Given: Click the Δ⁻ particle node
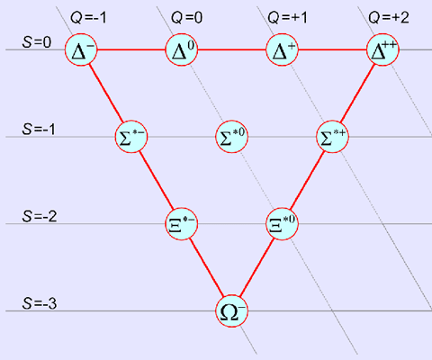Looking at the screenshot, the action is tap(81, 49).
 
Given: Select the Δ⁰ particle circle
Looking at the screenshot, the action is tap(182, 49).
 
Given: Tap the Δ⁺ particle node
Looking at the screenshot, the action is tap(282, 49).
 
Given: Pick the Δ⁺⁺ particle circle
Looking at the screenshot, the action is tap(382, 49).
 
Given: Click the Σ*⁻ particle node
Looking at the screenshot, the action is tap(131, 137).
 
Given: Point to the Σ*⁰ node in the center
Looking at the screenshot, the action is tap(232, 137).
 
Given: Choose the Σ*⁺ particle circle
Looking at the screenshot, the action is tap(332, 137).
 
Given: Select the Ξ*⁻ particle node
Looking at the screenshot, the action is tap(182, 223).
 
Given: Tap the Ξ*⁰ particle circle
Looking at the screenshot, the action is tap(282, 223).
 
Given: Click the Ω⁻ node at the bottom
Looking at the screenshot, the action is tap(232, 310).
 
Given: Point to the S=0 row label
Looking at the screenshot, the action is tap(37, 42).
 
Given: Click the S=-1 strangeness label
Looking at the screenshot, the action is tap(39, 129).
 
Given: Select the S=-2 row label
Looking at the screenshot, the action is tap(40, 216).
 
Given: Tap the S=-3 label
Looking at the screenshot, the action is tap(40, 303).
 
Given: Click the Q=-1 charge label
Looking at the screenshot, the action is tap(88, 17).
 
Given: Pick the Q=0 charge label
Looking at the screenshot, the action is tap(186, 17).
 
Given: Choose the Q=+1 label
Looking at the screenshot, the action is tap(288, 17).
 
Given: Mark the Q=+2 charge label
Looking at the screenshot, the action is tap(389, 17).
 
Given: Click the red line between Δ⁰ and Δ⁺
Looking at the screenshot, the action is tap(232, 49).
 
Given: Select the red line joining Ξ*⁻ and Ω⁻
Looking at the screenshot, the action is tap(207, 267).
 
